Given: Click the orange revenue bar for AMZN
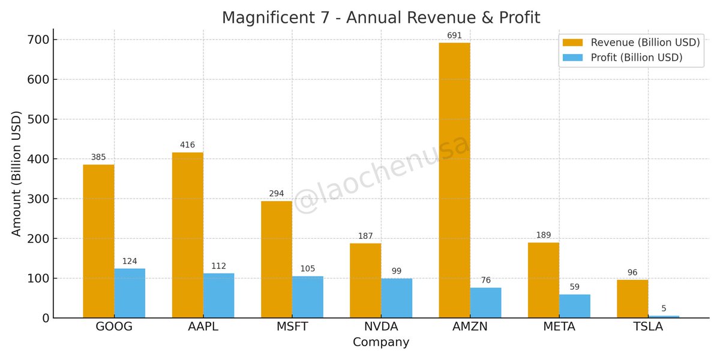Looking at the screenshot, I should pos(454,180).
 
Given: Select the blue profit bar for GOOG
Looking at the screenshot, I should pos(130,293).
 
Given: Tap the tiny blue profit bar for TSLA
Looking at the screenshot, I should pos(664,316).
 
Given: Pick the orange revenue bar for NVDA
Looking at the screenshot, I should pos(365,280).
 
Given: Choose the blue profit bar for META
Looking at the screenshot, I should pos(574,306).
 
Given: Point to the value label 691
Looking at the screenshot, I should pos(454,35).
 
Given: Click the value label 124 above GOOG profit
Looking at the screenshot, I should pos(130,261).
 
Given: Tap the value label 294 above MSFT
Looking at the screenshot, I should pos(276,193).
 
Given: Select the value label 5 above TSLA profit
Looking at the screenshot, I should pos(664,308).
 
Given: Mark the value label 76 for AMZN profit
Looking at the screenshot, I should pos(485,280).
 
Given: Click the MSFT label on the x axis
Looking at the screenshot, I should pos(292,327).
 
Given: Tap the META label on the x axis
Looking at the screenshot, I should pos(559,327).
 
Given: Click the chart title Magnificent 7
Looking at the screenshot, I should pos(381,17).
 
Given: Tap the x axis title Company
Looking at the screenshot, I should pos(381,343).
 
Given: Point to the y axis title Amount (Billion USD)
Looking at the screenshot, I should pos(16,173).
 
